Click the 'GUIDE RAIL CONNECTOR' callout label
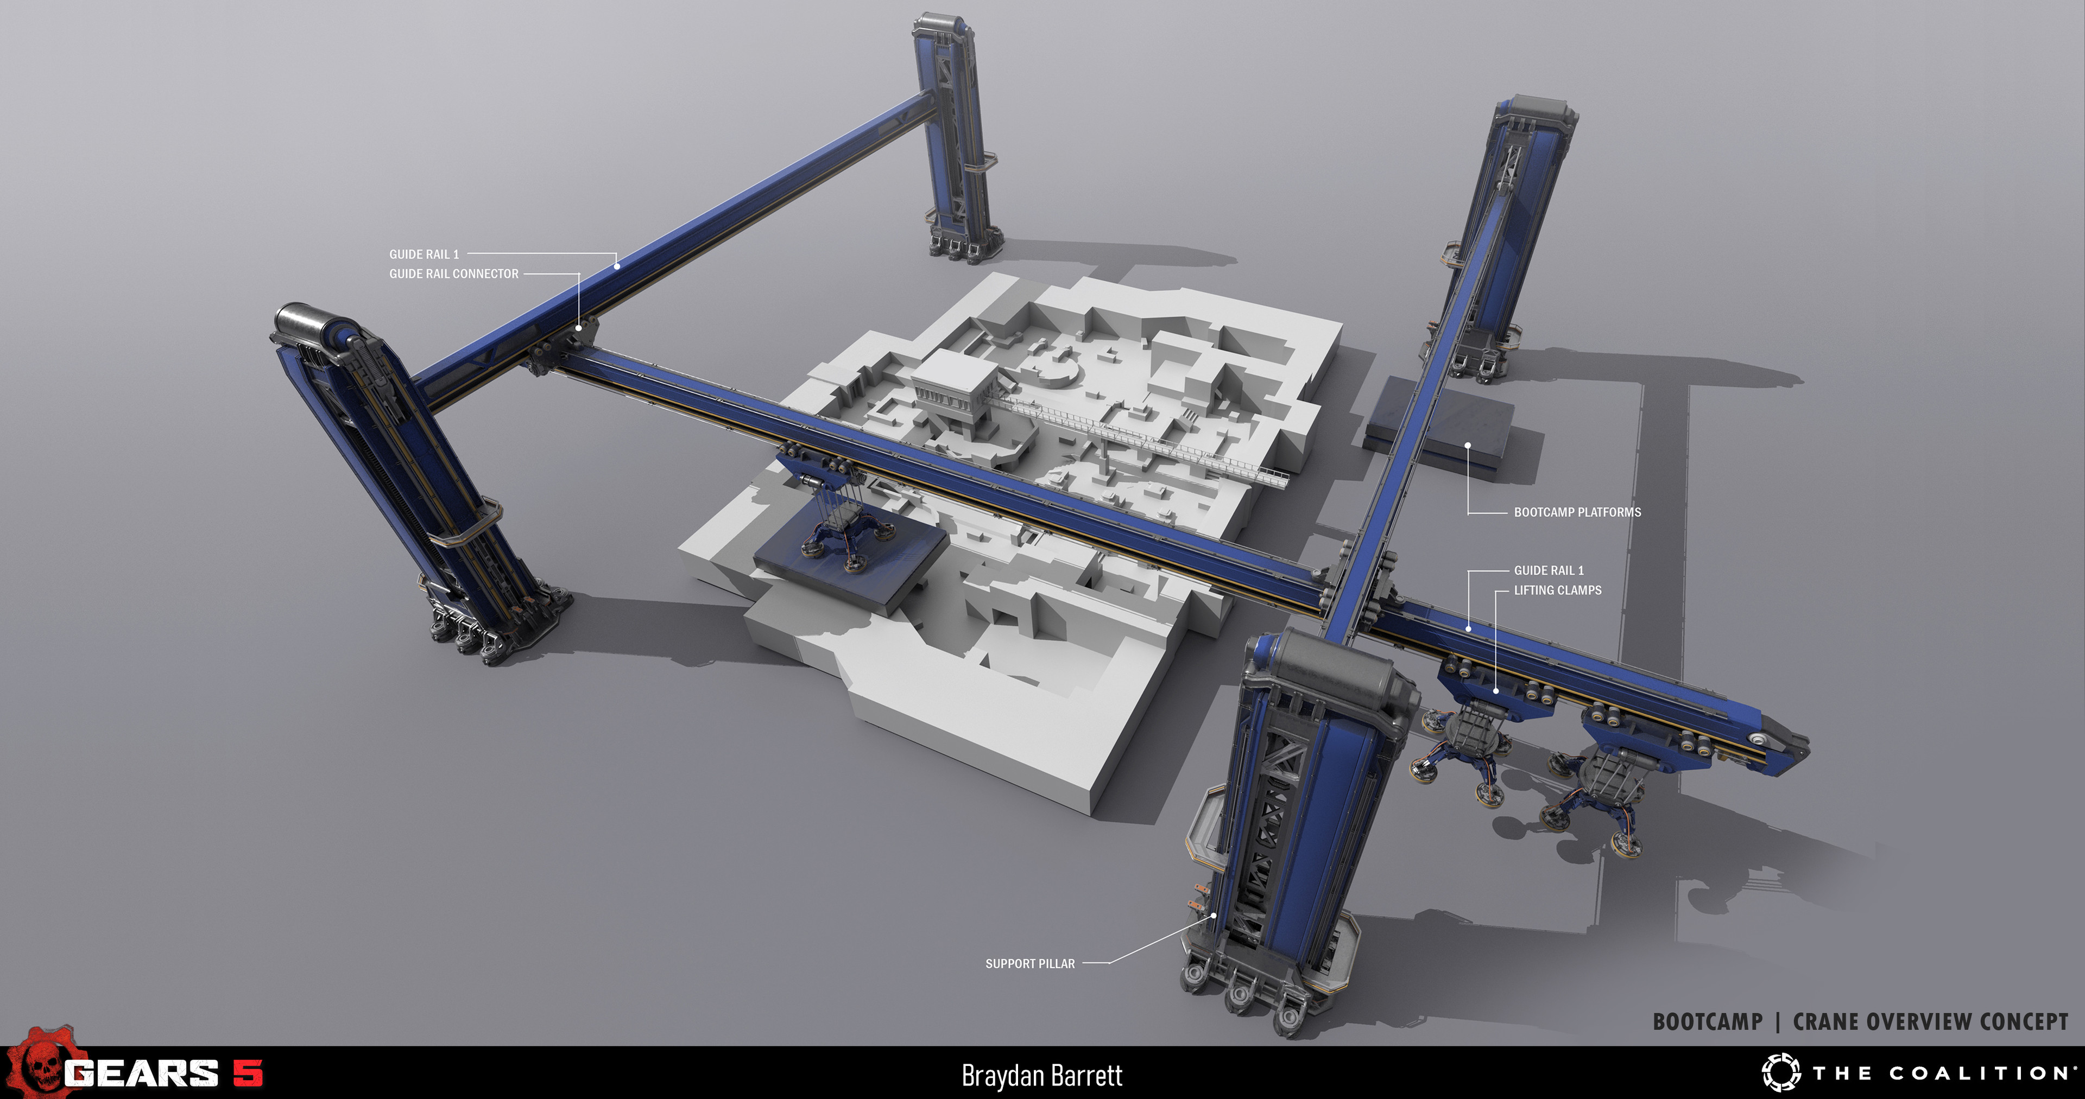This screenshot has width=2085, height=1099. tap(453, 274)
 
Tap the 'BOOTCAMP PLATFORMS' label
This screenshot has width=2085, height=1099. tap(1577, 512)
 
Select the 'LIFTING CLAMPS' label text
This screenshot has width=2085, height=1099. tap(1557, 590)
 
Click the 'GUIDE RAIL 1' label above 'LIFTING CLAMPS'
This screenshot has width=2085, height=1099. tap(1549, 570)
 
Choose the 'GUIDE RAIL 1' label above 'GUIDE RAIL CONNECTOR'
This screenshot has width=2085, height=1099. tap(424, 254)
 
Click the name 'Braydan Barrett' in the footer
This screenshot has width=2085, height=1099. tap(1042, 1076)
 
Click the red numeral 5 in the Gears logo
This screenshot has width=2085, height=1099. tap(248, 1073)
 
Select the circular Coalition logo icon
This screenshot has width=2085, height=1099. tap(1781, 1073)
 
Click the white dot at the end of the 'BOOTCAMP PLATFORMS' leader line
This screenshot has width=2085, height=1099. tap(1468, 445)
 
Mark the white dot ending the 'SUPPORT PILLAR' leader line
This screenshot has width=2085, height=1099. tap(1214, 916)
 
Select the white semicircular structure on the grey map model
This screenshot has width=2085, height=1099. tap(1056, 372)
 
